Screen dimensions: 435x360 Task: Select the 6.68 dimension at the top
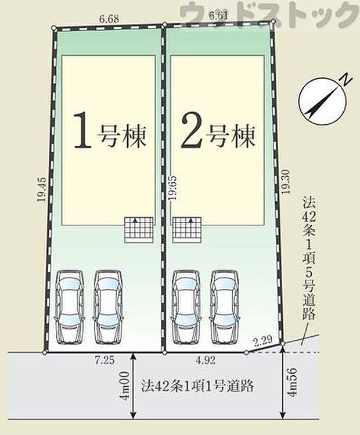coord(109,19)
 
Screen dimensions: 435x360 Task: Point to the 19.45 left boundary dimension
coord(39,189)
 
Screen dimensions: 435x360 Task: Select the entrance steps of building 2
coord(187,229)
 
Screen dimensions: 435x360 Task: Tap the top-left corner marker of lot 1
coord(54,27)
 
